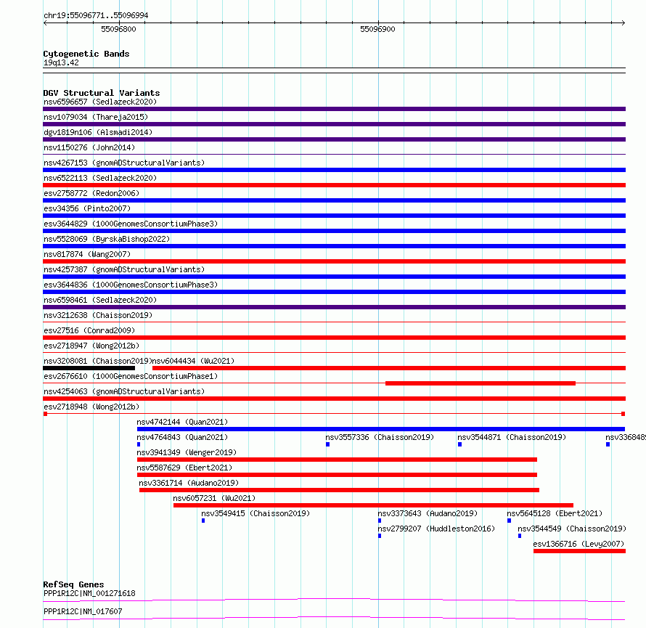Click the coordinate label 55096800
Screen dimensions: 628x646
[x=118, y=29]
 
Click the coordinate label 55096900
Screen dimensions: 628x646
[x=377, y=29]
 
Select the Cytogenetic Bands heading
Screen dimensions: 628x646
[x=86, y=54]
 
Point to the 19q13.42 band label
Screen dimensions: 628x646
[x=61, y=62]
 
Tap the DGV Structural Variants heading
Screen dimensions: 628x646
[x=102, y=93]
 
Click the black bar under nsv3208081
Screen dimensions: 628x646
[x=89, y=368]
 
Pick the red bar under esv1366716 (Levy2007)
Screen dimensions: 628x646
[x=579, y=551]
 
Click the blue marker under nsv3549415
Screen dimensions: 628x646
[x=203, y=521]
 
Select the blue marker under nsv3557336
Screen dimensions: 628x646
[x=327, y=444]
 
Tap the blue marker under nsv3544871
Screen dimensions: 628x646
[x=459, y=444]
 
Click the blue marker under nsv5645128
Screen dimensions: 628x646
[x=509, y=521]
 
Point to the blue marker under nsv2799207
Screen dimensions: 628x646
[x=379, y=536]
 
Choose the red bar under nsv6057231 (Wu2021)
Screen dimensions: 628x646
[x=373, y=505]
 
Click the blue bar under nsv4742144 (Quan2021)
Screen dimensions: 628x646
[x=380, y=429]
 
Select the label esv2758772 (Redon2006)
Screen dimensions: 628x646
[x=91, y=193]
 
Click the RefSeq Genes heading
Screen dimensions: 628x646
[x=73, y=584]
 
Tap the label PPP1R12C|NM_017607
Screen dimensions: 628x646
[x=83, y=611]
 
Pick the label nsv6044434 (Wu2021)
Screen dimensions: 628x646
[x=193, y=361]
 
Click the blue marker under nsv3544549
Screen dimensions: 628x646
[x=520, y=536]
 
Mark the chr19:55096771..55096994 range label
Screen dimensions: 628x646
[x=97, y=15]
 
